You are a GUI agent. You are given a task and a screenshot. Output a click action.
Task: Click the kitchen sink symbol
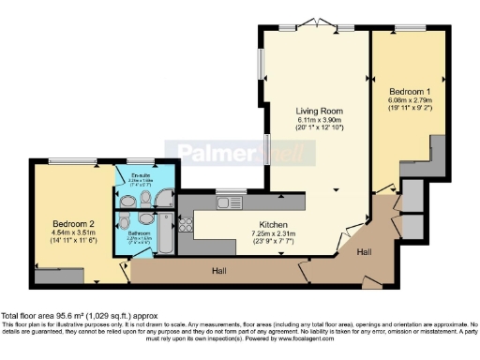click(x=228, y=202)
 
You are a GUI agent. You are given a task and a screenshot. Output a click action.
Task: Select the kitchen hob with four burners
click(x=185, y=224)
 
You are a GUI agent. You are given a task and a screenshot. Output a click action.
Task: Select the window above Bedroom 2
click(x=65, y=161)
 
